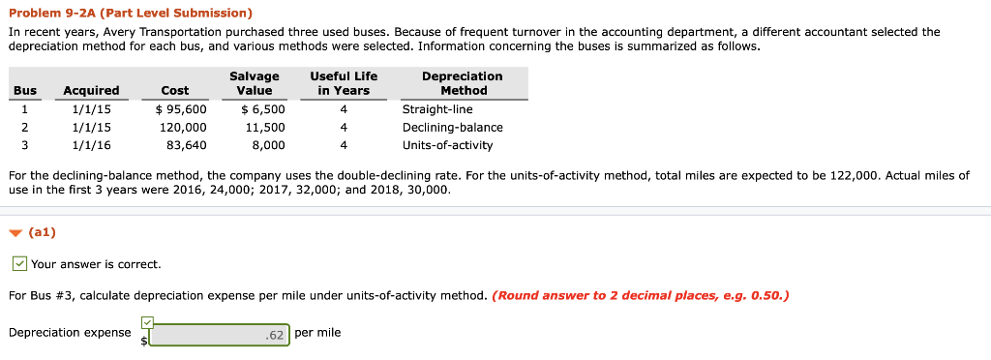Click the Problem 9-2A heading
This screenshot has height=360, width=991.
130,14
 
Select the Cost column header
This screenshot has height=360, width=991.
175,90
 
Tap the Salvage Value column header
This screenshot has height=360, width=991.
255,83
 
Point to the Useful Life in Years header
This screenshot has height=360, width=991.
344,83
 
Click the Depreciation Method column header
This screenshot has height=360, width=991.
464,83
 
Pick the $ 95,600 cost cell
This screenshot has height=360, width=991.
181,109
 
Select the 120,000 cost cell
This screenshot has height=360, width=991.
183,127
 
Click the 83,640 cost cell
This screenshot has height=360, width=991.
187,145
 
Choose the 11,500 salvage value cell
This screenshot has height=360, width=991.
265,127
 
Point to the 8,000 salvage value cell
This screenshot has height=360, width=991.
268,145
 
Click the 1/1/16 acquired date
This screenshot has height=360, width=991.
92,145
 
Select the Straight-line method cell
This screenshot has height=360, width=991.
437,109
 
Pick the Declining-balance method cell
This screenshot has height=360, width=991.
452,127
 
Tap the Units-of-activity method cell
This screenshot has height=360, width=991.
447,145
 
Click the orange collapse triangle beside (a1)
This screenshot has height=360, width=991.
15,233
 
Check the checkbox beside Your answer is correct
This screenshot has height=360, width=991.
19,264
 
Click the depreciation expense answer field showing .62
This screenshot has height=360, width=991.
219,334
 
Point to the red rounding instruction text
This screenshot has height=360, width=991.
641,295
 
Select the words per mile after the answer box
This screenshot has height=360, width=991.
317,333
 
